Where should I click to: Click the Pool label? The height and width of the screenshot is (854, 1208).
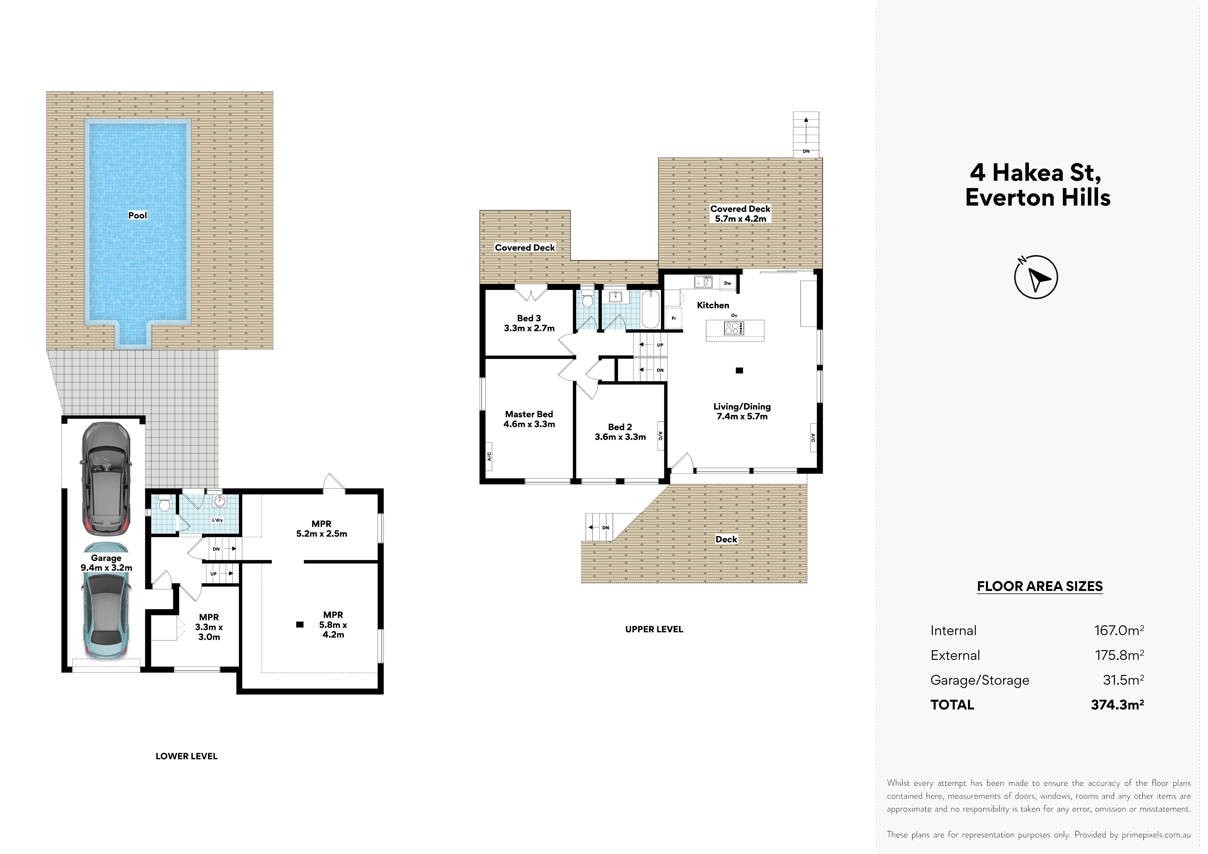(x=137, y=215)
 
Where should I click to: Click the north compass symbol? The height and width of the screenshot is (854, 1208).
(x=1035, y=277)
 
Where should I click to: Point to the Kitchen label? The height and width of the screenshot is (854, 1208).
(x=713, y=305)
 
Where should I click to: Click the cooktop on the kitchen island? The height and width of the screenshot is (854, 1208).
(x=734, y=328)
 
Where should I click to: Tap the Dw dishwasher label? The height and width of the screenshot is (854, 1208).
(x=728, y=283)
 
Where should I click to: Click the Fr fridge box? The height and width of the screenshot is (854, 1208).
(x=674, y=318)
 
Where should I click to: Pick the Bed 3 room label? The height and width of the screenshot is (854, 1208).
(x=529, y=318)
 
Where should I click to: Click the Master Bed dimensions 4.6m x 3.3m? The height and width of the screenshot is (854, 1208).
(x=529, y=424)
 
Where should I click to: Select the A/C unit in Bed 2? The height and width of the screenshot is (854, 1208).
(x=660, y=436)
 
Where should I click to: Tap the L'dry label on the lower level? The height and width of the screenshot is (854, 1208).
(x=217, y=520)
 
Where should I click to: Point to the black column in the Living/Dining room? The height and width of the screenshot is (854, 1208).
(x=739, y=371)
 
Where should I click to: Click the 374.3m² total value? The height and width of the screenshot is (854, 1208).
(x=1117, y=705)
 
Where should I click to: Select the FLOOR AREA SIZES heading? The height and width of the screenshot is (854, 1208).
(x=1040, y=586)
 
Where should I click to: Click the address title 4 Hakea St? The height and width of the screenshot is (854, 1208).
(x=1035, y=172)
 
